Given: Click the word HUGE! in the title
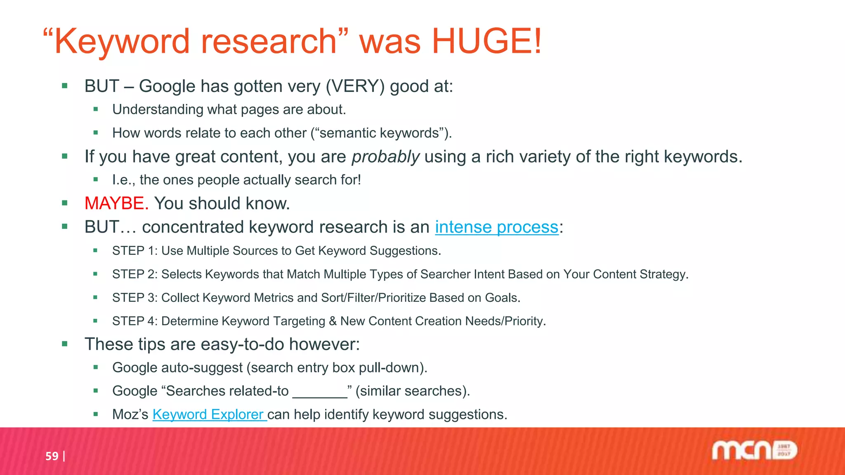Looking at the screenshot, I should click(487, 41).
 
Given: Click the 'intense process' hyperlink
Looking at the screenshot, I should click(496, 227).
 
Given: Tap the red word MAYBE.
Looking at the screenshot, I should click(116, 204).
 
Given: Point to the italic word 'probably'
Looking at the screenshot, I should click(385, 157).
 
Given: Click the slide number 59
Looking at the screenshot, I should click(52, 456).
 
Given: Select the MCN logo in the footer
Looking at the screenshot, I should click(754, 450).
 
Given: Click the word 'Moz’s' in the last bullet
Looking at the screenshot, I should click(130, 414).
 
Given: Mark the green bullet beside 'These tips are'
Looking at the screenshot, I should click(65, 344).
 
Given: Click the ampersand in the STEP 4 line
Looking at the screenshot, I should click(333, 322).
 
